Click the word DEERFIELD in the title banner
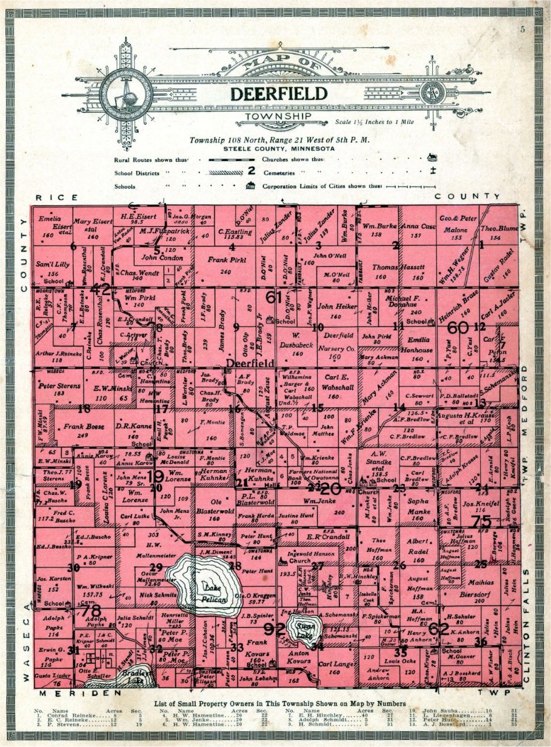pyautogui.click(x=279, y=93)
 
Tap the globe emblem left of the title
pyautogui.click(x=126, y=91)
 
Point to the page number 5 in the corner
pyautogui.click(x=522, y=29)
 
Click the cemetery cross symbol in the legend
pyautogui.click(x=433, y=172)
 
